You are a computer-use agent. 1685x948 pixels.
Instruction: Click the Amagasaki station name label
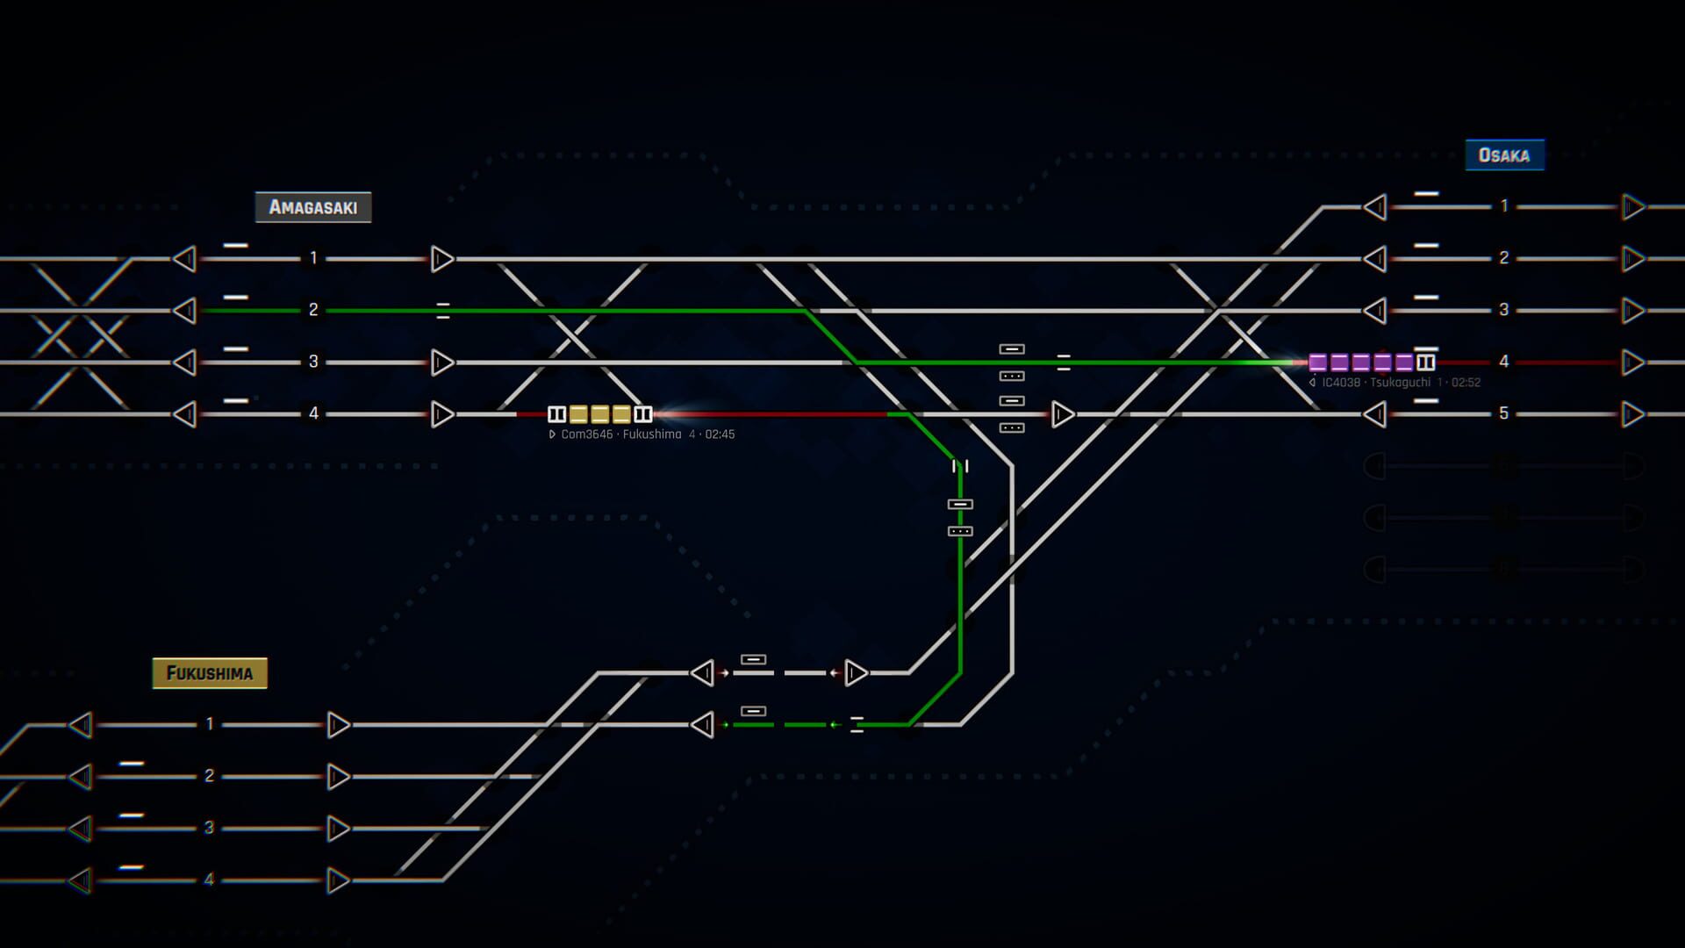pyautogui.click(x=313, y=207)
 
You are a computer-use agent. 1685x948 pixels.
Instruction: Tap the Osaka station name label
pyautogui.click(x=1504, y=155)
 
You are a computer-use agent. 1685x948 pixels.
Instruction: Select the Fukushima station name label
pyautogui.click(x=210, y=673)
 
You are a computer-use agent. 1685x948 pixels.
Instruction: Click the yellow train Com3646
pyautogui.click(x=600, y=414)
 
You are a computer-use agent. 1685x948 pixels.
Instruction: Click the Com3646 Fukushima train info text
pyautogui.click(x=642, y=434)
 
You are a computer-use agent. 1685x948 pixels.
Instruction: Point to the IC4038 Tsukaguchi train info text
pyautogui.click(x=1395, y=383)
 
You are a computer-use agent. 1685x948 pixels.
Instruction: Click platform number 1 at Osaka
pyautogui.click(x=1504, y=206)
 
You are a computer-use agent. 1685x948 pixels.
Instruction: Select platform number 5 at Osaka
pyautogui.click(x=1504, y=413)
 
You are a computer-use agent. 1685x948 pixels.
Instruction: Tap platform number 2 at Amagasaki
pyautogui.click(x=313, y=310)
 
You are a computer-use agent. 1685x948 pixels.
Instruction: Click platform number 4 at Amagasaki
pyautogui.click(x=313, y=413)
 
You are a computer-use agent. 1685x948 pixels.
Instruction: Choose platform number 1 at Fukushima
pyautogui.click(x=209, y=724)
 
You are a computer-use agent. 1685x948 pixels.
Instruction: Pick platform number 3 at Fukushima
pyautogui.click(x=209, y=828)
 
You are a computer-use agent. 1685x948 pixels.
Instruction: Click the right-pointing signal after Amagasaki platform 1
pyautogui.click(x=442, y=259)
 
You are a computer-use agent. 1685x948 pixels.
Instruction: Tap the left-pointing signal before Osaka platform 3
pyautogui.click(x=1375, y=311)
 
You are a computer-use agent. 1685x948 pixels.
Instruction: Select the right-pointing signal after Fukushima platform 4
pyautogui.click(x=339, y=880)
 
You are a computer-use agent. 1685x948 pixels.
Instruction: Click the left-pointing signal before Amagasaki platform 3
pyautogui.click(x=184, y=363)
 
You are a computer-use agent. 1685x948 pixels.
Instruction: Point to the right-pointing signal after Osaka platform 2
pyautogui.click(x=1633, y=259)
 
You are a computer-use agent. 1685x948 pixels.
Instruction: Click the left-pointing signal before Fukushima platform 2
pyautogui.click(x=81, y=777)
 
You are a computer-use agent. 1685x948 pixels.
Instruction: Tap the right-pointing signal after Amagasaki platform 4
pyautogui.click(x=442, y=414)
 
